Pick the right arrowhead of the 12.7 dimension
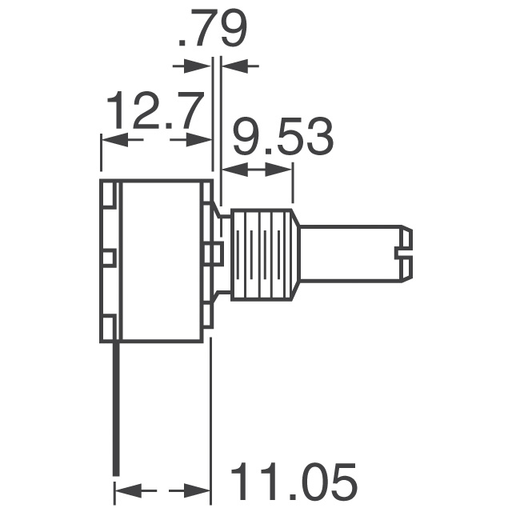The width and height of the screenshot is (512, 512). click(x=202, y=140)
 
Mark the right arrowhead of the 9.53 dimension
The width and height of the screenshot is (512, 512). click(x=285, y=170)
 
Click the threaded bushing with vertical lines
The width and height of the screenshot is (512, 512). click(x=264, y=254)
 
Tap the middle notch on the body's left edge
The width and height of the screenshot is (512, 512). click(x=110, y=258)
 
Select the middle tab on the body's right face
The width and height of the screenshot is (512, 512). click(x=213, y=254)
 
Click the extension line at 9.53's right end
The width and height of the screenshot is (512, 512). click(x=294, y=182)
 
